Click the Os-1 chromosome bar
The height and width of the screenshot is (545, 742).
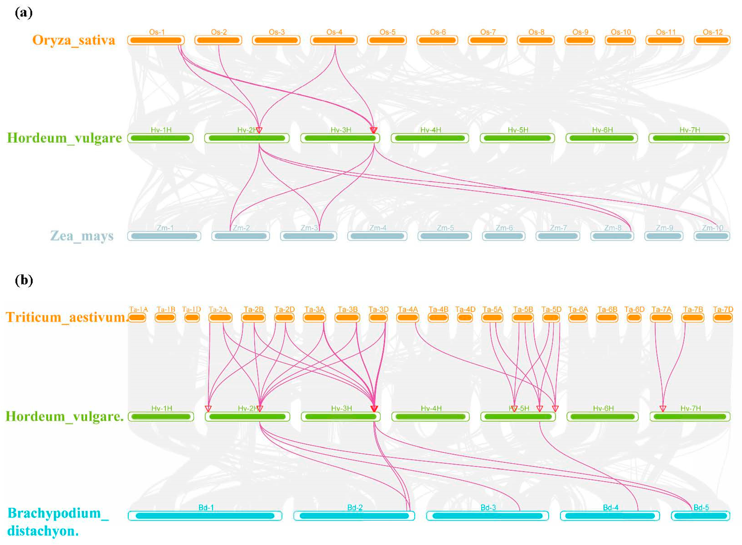[x=156, y=40]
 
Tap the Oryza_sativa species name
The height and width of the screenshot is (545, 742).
[x=74, y=40]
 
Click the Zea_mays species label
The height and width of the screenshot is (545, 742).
[x=82, y=236]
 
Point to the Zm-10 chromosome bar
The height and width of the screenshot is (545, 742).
[x=712, y=236]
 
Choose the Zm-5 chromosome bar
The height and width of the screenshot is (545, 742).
[x=445, y=236]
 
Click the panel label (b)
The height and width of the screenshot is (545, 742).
[x=24, y=280]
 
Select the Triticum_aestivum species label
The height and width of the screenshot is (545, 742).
[x=66, y=317]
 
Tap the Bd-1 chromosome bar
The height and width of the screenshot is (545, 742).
[x=205, y=516]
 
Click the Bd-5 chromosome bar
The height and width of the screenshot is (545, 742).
[x=700, y=516]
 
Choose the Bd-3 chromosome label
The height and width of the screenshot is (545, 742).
[x=488, y=507]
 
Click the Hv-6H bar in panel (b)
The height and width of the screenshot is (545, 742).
[x=603, y=417]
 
